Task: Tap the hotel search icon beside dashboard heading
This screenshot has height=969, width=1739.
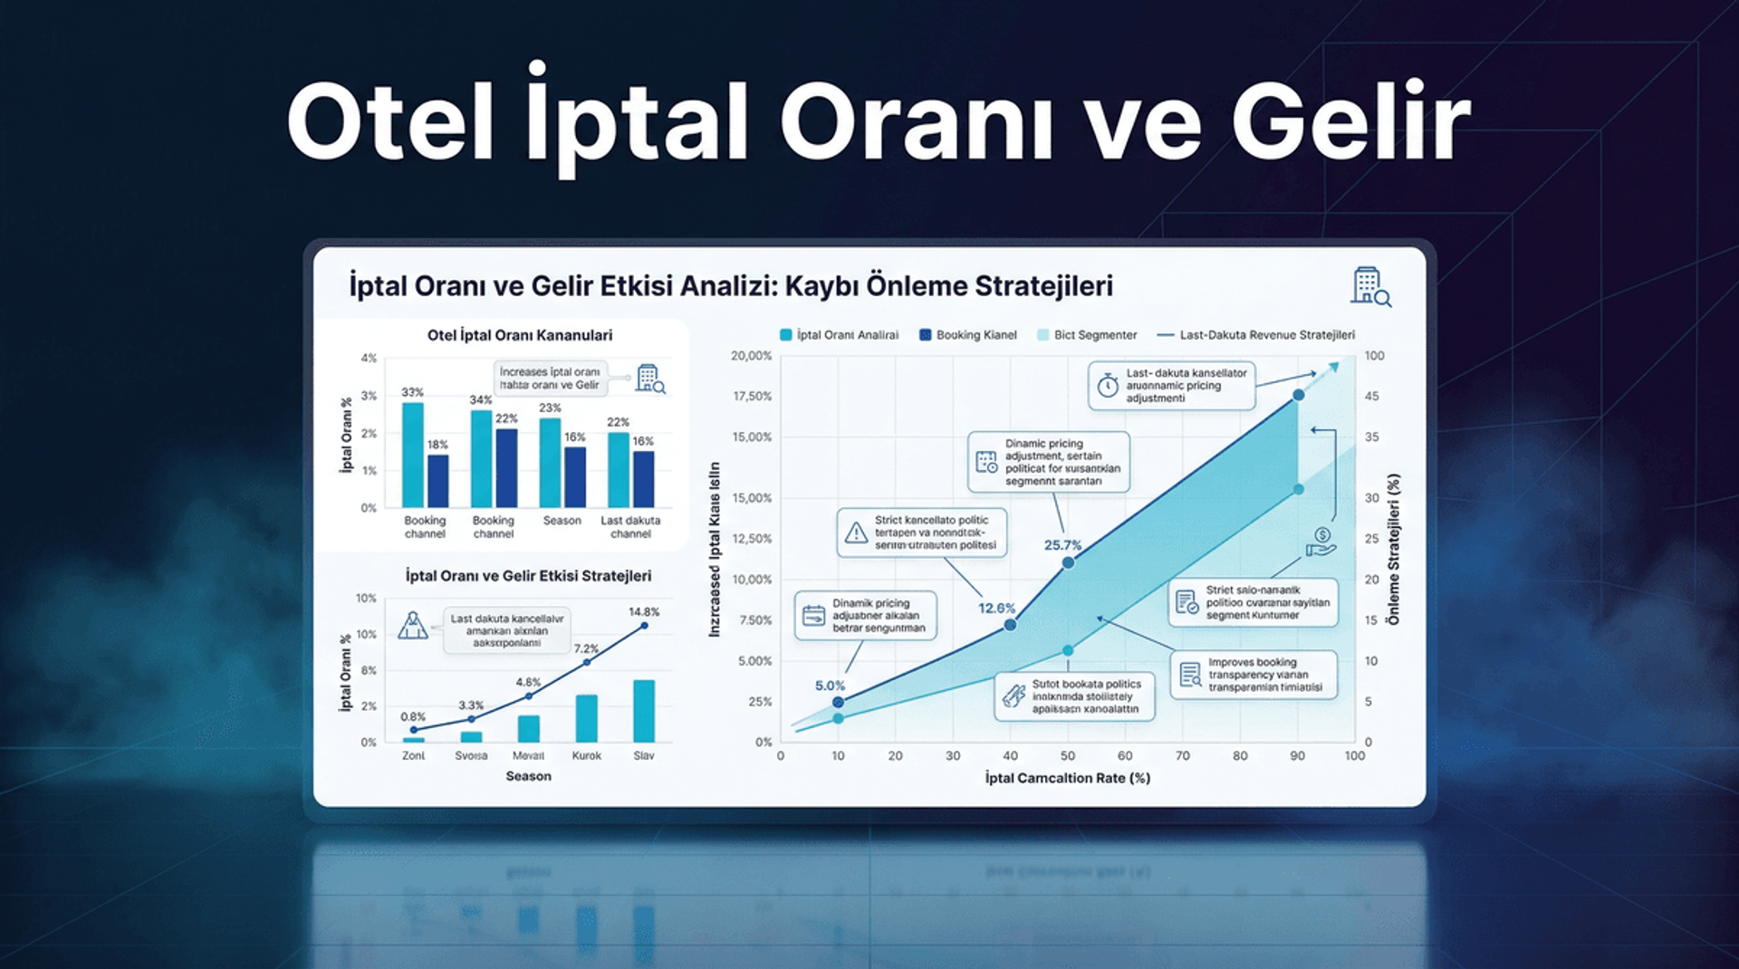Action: pos(1370,286)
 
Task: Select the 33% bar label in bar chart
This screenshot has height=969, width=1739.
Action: pos(412,392)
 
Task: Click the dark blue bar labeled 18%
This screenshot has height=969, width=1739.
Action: pos(437,480)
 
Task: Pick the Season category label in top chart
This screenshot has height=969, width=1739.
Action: pos(562,521)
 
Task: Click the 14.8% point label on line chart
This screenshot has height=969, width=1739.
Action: pos(644,612)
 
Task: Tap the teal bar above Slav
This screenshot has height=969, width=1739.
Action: pos(644,711)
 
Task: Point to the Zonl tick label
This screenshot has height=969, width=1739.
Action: pos(413,755)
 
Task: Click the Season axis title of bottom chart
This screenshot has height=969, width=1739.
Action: pos(528,776)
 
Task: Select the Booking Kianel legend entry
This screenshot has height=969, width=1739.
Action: pos(968,335)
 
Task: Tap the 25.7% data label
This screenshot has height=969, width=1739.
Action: pos(1062,545)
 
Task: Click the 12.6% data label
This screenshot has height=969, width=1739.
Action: pos(996,609)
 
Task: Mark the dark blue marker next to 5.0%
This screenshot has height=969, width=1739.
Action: pos(838,702)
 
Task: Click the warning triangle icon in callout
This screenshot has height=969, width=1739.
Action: pos(856,532)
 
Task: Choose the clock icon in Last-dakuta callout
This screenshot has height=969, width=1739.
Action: pos(1108,386)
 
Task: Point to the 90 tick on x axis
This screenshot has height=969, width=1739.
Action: pos(1297,755)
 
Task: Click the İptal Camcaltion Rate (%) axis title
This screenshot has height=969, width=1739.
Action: pos(1067,778)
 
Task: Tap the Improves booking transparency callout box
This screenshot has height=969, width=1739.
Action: pos(1254,675)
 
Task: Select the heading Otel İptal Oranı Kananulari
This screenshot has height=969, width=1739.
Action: pos(520,335)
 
